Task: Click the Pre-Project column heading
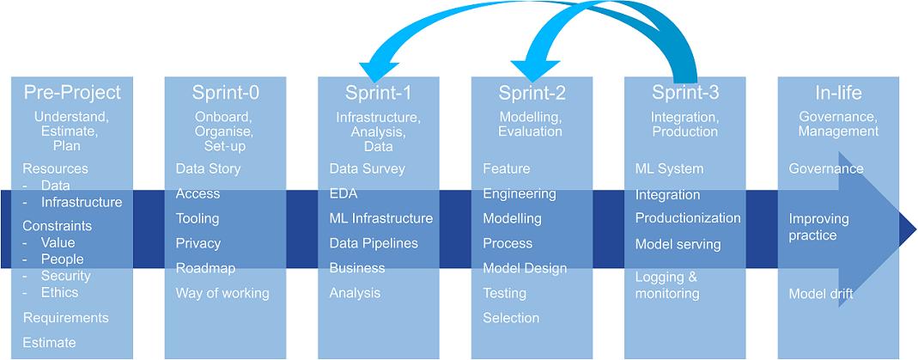click(72, 93)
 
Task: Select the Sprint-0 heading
click(225, 93)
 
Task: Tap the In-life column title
click(838, 93)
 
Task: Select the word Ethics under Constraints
click(59, 292)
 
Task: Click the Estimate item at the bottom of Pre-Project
click(49, 342)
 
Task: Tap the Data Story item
click(208, 168)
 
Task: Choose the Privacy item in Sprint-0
click(198, 243)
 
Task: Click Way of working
click(222, 293)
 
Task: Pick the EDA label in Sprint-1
click(343, 193)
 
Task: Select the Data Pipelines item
click(374, 243)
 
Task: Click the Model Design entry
click(525, 268)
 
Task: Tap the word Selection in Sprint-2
click(511, 318)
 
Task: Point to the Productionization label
click(687, 218)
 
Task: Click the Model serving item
click(678, 244)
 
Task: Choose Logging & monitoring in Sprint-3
click(667, 285)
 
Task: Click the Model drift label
click(821, 294)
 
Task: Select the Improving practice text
click(818, 227)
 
